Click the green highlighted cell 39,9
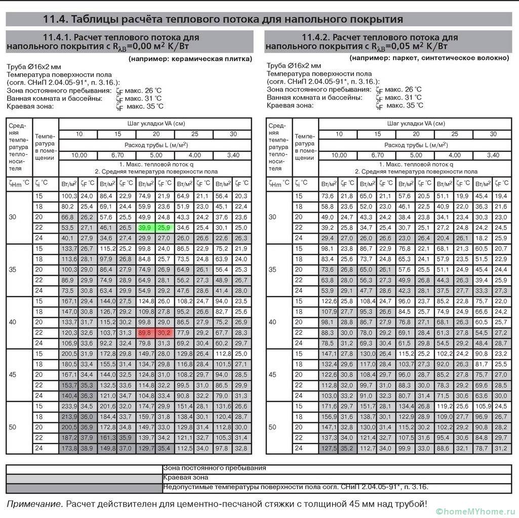pyautogui.click(x=145, y=228)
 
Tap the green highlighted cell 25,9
pyautogui.click(x=164, y=228)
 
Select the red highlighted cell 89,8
pyautogui.click(x=145, y=332)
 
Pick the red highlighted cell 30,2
pyautogui.click(x=164, y=332)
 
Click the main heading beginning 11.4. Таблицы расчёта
pyautogui.click(x=223, y=19)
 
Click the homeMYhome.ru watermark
pyautogui.click(x=476, y=510)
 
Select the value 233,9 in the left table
pyautogui.click(x=68, y=406)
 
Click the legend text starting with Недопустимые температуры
pyautogui.click(x=296, y=487)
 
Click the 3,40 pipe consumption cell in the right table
pyautogui.click(x=493, y=155)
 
